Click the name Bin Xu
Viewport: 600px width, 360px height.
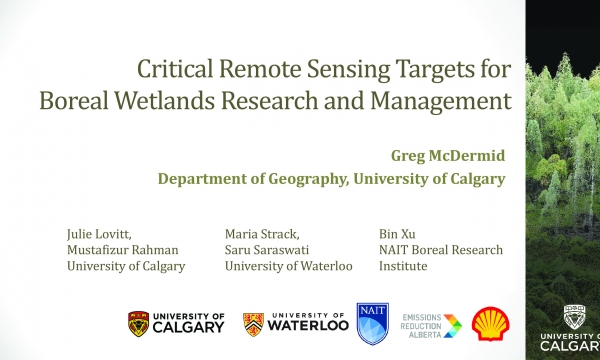(x=395, y=232)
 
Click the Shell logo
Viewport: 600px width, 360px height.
(x=489, y=323)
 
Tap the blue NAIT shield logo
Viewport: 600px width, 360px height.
(x=371, y=323)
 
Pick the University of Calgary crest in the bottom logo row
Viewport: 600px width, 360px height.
(x=139, y=323)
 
